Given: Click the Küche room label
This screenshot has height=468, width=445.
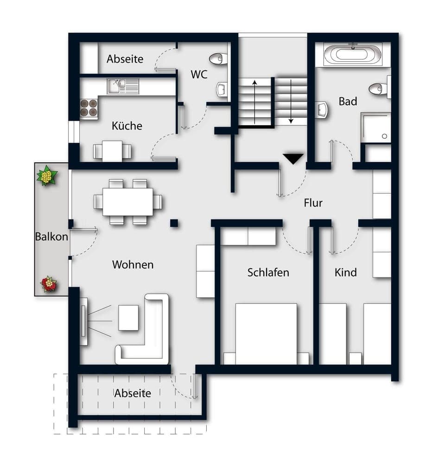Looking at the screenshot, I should click(127, 126).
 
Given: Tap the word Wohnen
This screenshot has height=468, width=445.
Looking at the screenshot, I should click(133, 264).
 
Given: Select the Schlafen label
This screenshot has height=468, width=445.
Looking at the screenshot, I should click(268, 272).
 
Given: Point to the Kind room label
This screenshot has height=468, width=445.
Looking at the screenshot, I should click(345, 272).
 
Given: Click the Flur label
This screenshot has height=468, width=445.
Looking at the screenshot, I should click(313, 203).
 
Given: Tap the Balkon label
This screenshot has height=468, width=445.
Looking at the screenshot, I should click(51, 237).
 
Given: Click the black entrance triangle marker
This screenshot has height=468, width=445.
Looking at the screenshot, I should click(293, 159).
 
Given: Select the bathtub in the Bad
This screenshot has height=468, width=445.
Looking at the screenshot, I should click(352, 54).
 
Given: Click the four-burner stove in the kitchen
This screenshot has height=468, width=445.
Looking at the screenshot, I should click(89, 108).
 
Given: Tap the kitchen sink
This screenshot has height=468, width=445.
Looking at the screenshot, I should click(123, 86).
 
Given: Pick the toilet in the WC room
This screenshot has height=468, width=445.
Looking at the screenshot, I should click(218, 59).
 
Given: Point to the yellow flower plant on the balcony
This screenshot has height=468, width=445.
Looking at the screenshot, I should click(46, 176).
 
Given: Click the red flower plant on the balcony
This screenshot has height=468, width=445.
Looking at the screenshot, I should click(49, 284).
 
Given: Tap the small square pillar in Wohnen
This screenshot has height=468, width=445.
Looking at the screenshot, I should click(174, 223).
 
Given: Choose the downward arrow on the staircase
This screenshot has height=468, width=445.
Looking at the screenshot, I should click(291, 101).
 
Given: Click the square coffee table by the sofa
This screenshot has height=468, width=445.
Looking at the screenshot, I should click(128, 317).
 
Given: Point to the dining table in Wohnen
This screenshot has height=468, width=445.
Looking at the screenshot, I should click(127, 202).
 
